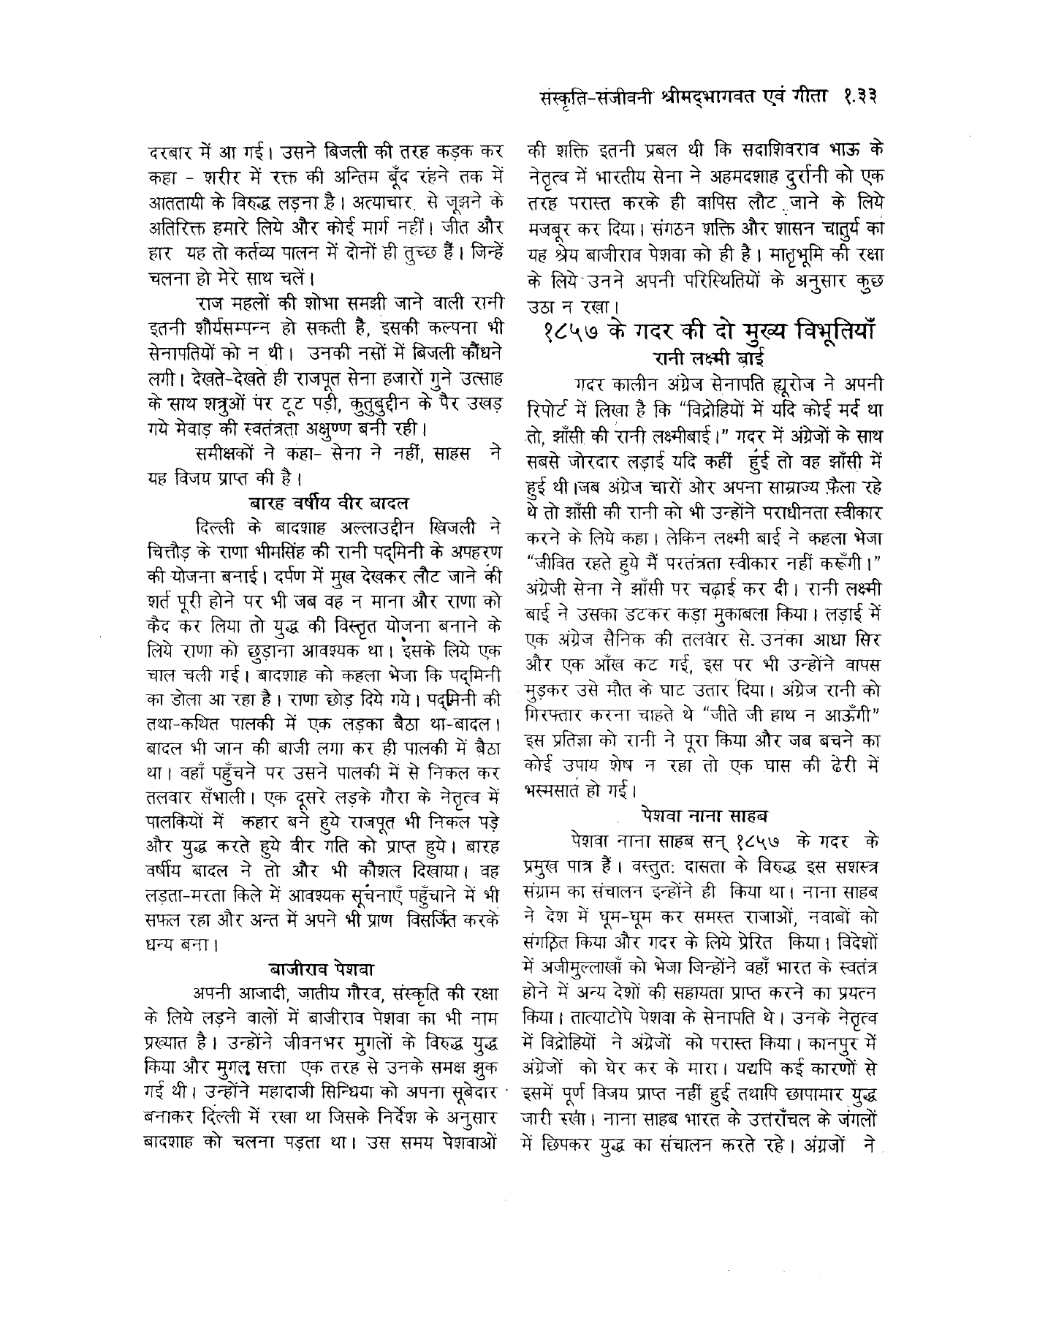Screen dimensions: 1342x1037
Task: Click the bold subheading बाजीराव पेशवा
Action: pyautogui.click(x=322, y=970)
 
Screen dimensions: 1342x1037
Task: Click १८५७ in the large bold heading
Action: pyautogui.click(x=577, y=333)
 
